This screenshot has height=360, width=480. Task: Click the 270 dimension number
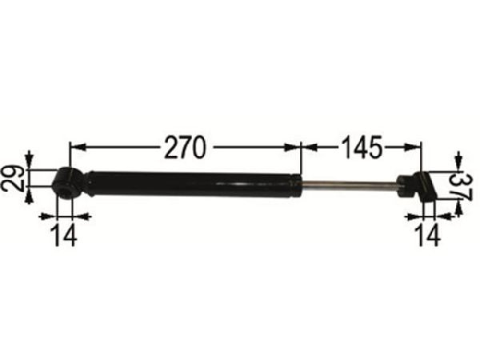pyautogui.click(x=184, y=147)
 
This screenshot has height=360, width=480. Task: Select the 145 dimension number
pyautogui.click(x=362, y=147)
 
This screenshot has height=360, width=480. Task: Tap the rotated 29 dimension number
pyautogui.click(x=13, y=178)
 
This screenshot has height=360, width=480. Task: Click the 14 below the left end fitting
pyautogui.click(x=65, y=234)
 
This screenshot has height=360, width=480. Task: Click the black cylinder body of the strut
pyautogui.click(x=194, y=185)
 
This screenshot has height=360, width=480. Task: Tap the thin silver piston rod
pyautogui.click(x=350, y=184)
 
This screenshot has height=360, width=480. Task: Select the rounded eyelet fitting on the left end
pyautogui.click(x=67, y=183)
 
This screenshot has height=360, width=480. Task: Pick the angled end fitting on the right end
pyautogui.click(x=418, y=187)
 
